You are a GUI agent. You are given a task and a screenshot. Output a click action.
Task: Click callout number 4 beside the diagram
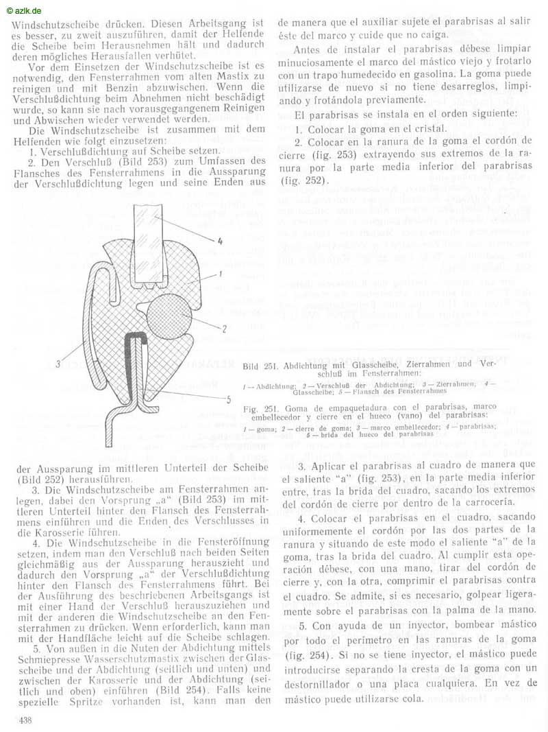(220, 241)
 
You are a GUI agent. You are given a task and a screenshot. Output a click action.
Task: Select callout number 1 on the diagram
(213, 274)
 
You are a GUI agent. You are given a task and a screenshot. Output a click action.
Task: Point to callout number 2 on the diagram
(224, 329)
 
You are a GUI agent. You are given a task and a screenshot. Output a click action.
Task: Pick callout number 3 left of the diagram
(59, 364)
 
